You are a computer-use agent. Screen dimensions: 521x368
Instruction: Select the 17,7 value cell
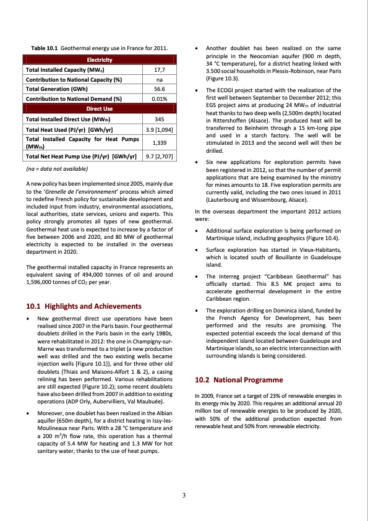(x=158, y=70)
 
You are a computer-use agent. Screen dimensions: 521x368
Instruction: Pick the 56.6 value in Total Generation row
(x=158, y=88)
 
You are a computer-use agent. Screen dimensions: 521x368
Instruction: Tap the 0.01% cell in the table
(x=158, y=98)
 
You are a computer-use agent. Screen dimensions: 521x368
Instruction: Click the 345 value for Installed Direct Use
(x=158, y=118)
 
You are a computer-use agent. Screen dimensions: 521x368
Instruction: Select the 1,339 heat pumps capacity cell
(x=158, y=142)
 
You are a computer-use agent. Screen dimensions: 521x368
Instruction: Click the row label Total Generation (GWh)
(x=53, y=88)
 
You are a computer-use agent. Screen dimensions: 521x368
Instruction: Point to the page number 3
(x=184, y=494)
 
